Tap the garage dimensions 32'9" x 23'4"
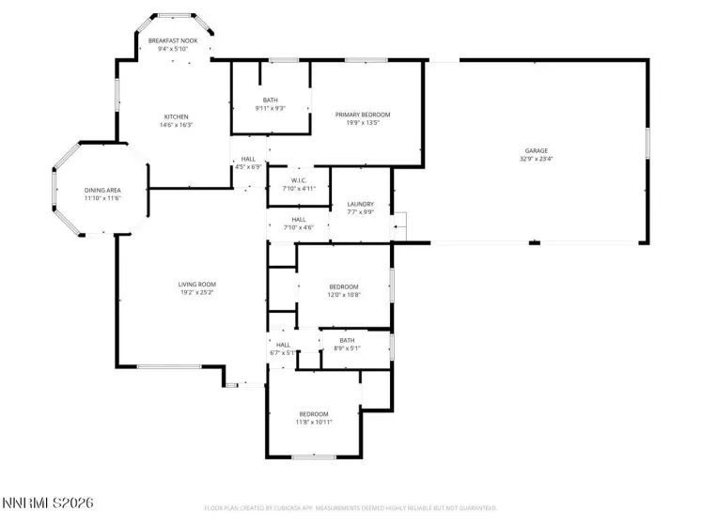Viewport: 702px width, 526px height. tap(537, 159)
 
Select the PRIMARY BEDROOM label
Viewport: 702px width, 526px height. tap(363, 115)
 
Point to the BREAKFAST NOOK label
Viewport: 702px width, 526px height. tap(173, 41)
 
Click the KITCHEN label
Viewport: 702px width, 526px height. tap(177, 116)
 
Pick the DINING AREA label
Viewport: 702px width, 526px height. tap(102, 191)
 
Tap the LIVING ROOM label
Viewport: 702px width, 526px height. tap(197, 284)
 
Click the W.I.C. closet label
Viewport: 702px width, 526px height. tap(299, 180)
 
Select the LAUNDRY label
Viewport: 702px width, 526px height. tap(360, 204)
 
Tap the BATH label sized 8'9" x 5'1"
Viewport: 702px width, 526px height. tap(347, 340)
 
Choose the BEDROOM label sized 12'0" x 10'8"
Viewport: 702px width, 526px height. tap(343, 286)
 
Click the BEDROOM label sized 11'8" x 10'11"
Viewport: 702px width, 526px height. tap(314, 414)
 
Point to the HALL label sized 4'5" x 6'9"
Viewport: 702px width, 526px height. tap(248, 160)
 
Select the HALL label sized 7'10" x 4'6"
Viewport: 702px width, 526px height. tap(298, 219)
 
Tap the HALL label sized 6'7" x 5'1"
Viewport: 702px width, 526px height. tap(283, 345)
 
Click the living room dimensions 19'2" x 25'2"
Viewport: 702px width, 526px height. tap(197, 292)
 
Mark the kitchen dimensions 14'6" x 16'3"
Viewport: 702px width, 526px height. tap(177, 125)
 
